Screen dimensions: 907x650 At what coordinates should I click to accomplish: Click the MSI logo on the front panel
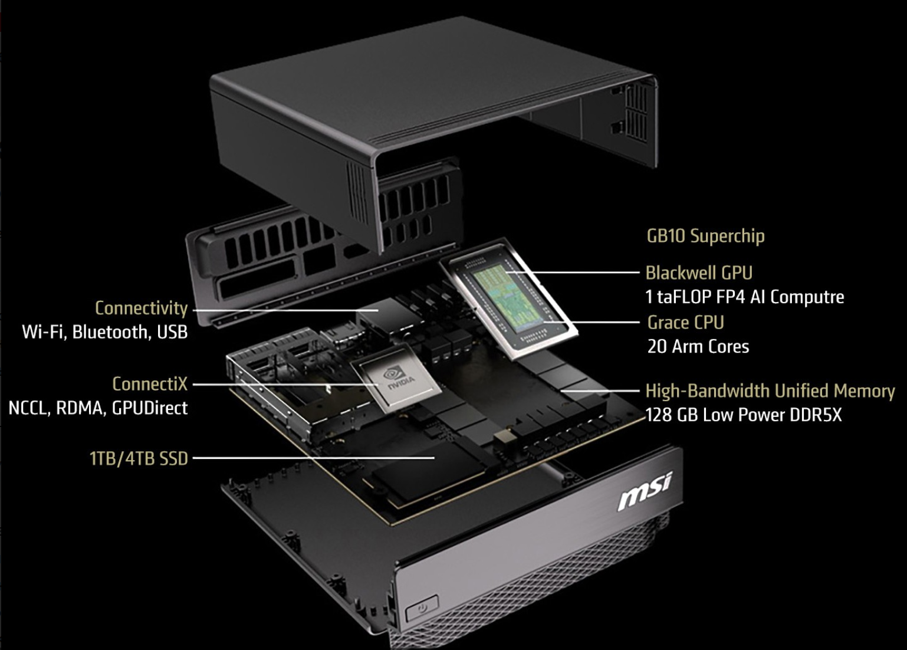pyautogui.click(x=645, y=490)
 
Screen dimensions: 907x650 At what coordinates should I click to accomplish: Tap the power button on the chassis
pyautogui.click(x=422, y=608)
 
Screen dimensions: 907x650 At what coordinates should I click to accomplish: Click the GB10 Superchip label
pyautogui.click(x=705, y=236)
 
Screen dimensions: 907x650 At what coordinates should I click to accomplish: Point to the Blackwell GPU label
pyautogui.click(x=699, y=273)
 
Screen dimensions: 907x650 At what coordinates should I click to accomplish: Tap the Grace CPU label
pyautogui.click(x=685, y=323)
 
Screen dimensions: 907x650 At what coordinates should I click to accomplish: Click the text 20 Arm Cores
pyautogui.click(x=698, y=347)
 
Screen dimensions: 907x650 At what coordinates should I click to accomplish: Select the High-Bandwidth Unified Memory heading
pyautogui.click(x=770, y=391)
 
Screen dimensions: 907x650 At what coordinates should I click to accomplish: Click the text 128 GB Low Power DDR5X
pyautogui.click(x=744, y=415)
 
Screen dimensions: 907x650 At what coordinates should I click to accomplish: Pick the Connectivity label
pyautogui.click(x=142, y=308)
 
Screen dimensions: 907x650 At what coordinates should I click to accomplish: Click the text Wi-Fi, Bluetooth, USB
pyautogui.click(x=105, y=332)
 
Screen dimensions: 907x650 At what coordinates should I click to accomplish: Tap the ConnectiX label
pyautogui.click(x=150, y=384)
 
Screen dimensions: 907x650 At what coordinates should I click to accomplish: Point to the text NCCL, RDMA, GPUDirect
pyautogui.click(x=98, y=408)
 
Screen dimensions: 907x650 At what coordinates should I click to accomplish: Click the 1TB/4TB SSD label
pyautogui.click(x=139, y=459)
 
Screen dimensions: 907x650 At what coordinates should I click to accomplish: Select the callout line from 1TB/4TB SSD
pyautogui.click(x=314, y=458)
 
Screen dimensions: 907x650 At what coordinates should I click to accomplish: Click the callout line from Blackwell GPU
pyautogui.click(x=572, y=272)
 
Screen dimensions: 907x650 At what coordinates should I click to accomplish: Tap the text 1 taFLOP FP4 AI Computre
pyautogui.click(x=745, y=297)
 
